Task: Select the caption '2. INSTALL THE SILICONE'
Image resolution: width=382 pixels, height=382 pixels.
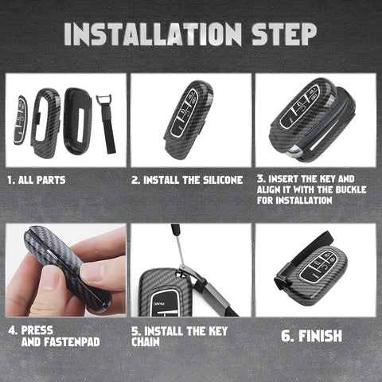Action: pyautogui.click(x=187, y=180)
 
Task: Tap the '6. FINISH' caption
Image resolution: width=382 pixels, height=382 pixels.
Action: pyautogui.click(x=314, y=336)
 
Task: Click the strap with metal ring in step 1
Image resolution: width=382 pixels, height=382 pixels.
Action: pyautogui.click(x=105, y=123)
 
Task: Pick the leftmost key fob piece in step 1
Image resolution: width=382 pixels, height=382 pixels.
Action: pyautogui.click(x=20, y=120)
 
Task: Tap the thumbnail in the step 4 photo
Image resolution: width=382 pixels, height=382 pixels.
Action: pyautogui.click(x=91, y=271)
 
